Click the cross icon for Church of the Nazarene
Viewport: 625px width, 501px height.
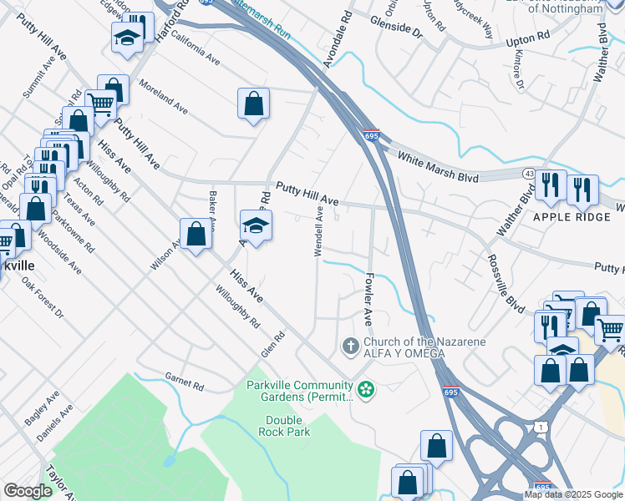click(x=351, y=345)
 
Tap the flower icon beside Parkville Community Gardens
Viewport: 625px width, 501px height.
click(x=365, y=388)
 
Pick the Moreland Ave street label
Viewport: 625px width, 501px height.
click(x=164, y=95)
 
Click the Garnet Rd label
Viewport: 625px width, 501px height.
click(x=185, y=382)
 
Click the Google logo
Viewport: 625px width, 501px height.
click(x=28, y=491)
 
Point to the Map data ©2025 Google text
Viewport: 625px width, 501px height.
click(x=573, y=494)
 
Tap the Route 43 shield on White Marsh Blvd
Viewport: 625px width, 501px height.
click(x=530, y=172)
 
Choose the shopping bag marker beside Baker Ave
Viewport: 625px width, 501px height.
click(x=196, y=233)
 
